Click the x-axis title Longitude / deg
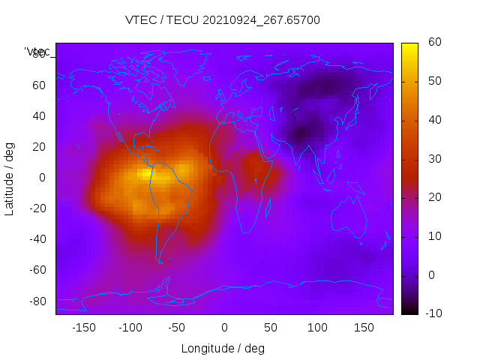(x=223, y=349)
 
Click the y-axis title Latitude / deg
(x=10, y=178)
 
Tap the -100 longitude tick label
(x=130, y=328)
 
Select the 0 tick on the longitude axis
(x=224, y=328)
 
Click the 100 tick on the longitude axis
(x=317, y=328)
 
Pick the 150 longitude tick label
(x=364, y=328)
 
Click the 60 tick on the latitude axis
(x=39, y=85)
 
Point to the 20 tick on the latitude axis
(x=39, y=147)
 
